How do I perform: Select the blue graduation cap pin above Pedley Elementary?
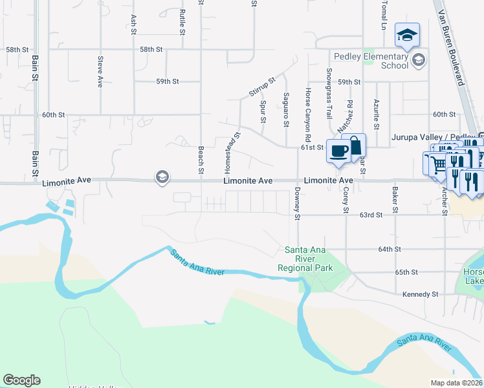click(x=407, y=34)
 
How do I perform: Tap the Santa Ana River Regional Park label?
click(x=309, y=259)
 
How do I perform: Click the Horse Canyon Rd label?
click(x=308, y=116)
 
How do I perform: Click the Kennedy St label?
click(x=420, y=294)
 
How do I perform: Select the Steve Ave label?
click(x=100, y=72)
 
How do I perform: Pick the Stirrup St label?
click(x=262, y=87)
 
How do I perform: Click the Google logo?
click(x=21, y=380)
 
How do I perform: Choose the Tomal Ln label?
click(x=383, y=16)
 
